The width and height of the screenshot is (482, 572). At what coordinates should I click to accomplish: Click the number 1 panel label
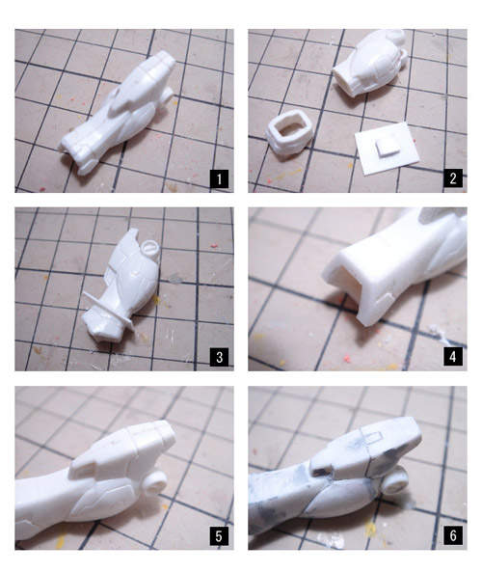tap(219, 178)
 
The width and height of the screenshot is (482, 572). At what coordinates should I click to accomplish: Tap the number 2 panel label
tap(453, 178)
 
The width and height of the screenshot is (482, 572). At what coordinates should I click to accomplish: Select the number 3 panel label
tap(219, 357)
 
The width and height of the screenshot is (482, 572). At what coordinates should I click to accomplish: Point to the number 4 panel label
tap(453, 356)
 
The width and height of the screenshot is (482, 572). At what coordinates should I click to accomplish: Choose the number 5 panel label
tap(219, 536)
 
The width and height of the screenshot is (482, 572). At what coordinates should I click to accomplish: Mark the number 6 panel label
tap(453, 535)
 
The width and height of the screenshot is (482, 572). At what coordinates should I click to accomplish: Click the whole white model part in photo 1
tap(118, 113)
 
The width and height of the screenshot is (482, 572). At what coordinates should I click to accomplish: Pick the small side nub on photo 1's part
tap(166, 95)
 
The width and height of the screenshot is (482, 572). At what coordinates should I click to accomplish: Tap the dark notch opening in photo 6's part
tap(322, 473)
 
